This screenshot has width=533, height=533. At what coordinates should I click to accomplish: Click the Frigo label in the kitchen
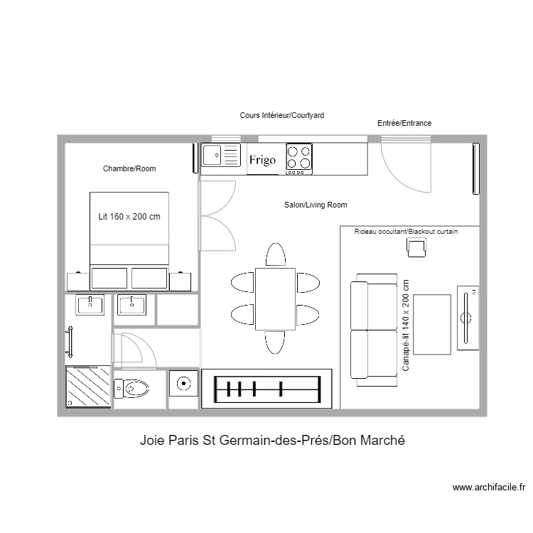(262, 160)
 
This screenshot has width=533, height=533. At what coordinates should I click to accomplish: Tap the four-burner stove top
(299, 159)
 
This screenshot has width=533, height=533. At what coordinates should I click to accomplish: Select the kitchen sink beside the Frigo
(221, 155)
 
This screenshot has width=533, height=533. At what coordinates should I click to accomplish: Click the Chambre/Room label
(129, 168)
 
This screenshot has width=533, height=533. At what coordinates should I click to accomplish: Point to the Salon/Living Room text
(316, 205)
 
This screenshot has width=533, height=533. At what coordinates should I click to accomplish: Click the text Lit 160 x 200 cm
(129, 217)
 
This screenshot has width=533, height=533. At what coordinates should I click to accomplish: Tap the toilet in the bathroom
(131, 388)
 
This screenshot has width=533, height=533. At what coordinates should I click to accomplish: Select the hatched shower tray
(88, 387)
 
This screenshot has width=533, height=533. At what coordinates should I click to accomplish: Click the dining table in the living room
(275, 298)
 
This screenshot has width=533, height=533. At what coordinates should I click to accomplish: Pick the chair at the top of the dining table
(276, 254)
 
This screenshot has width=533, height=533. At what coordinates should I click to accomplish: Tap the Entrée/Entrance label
(404, 123)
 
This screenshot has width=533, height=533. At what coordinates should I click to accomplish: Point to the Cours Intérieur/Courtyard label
(282, 115)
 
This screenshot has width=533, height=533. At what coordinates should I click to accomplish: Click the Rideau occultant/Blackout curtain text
(406, 232)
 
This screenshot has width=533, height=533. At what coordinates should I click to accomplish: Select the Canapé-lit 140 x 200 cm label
(406, 325)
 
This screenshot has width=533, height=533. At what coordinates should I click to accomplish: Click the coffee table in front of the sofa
(432, 325)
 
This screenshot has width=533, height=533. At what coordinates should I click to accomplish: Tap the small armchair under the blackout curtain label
(416, 247)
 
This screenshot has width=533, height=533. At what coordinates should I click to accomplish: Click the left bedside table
(78, 282)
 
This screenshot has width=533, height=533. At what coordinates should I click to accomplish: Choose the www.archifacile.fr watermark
(489, 488)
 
